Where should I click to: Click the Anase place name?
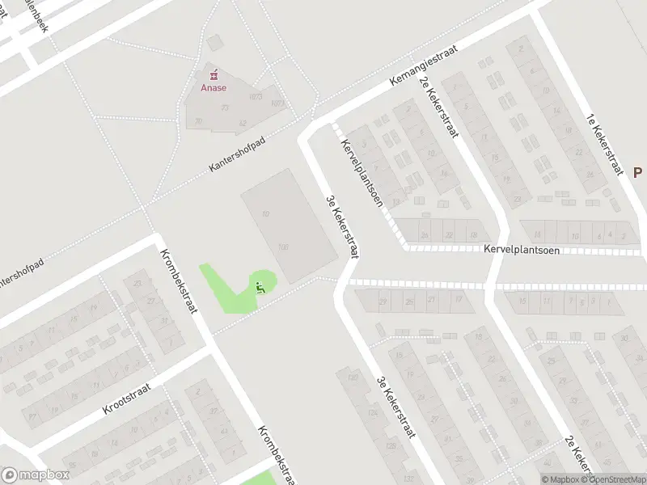coord(214,89)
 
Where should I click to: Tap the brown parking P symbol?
coord(637,172)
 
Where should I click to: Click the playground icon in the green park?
coord(260,285)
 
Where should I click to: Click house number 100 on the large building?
coord(283,247)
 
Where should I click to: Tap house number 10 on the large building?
coord(265,213)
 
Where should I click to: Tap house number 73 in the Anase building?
coord(225,108)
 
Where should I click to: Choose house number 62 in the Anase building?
coord(243,123)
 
